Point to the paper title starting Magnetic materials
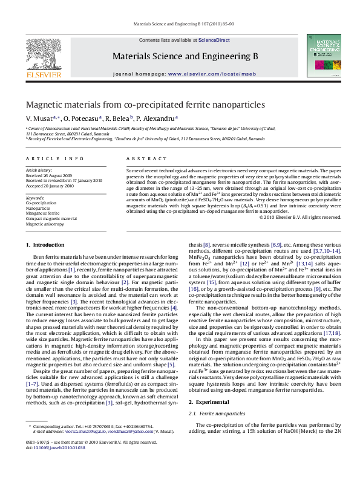coord(136,105)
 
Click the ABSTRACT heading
coord(137,158)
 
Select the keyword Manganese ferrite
coord(43,213)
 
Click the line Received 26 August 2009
coord(51,175)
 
